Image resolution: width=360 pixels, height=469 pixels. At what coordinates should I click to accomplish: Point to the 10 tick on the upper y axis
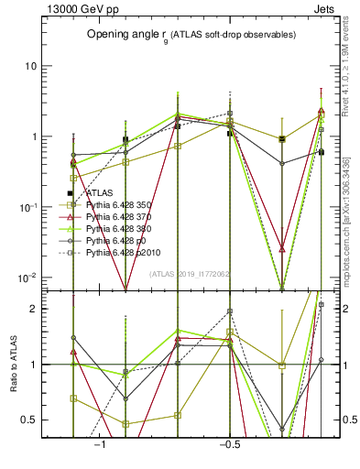[x=31, y=66]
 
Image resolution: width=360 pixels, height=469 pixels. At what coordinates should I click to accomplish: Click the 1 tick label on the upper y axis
[x=35, y=136]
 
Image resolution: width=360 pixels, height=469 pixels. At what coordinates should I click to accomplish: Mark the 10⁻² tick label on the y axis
[x=29, y=277]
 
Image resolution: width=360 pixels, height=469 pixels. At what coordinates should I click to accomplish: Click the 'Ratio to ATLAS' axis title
[x=12, y=364]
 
